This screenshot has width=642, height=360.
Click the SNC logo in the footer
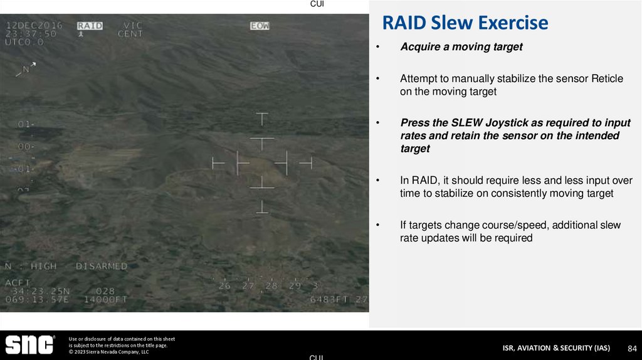[29, 345]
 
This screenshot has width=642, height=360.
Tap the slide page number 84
[632, 348]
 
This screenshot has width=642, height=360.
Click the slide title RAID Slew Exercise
[465, 23]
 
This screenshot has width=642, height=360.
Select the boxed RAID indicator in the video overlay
[90, 26]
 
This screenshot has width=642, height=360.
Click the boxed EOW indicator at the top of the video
[260, 26]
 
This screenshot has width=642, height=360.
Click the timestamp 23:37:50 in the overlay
[31, 34]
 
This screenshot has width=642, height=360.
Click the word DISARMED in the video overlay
[102, 266]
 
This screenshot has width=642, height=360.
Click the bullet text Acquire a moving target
[461, 47]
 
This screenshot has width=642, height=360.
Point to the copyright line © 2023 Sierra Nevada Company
[108, 352]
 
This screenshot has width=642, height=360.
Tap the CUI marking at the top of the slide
[317, 4]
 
